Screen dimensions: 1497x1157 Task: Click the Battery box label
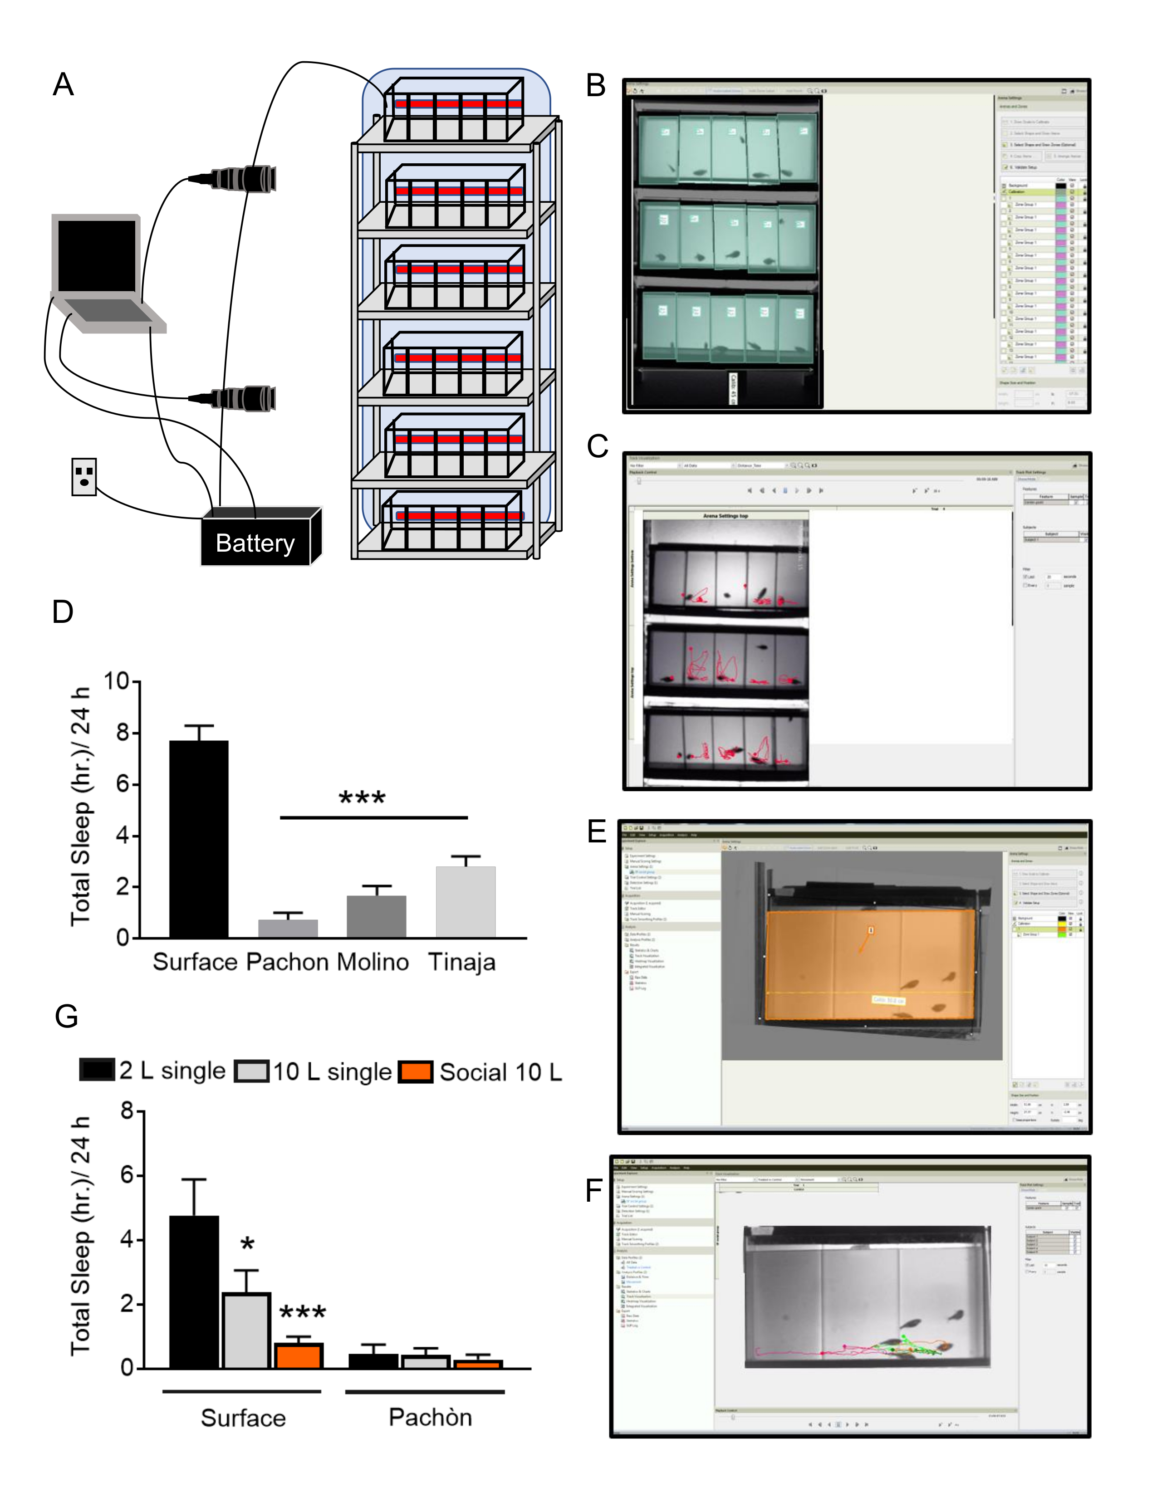pos(255,543)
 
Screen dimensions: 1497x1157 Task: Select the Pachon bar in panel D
pos(288,928)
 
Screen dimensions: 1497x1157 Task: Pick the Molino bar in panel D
pos(376,916)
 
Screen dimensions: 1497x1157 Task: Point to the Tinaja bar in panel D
pos(466,901)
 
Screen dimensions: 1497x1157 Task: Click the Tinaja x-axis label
pos(461,962)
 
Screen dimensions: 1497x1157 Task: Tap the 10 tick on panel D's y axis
pos(117,681)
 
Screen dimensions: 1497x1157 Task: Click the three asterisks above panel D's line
pos(363,797)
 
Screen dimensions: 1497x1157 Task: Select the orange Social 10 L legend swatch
pos(415,1071)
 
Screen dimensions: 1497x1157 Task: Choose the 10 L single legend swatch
pos(251,1071)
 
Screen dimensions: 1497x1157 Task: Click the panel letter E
pos(597,832)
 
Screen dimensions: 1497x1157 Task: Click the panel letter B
pos(596,86)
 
